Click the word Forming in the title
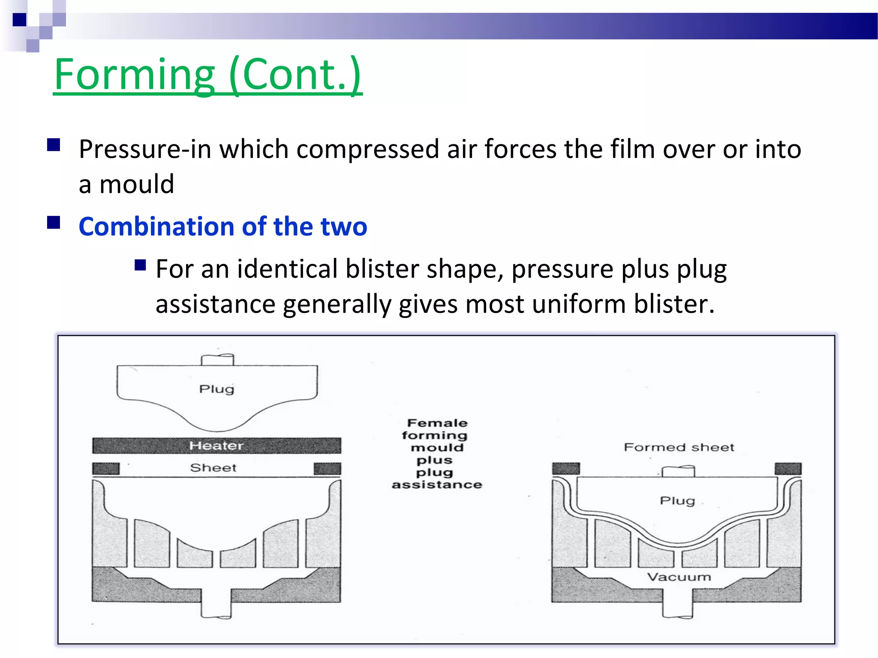pyautogui.click(x=134, y=75)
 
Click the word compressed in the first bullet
pyautogui.click(x=367, y=150)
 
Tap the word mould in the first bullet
pyautogui.click(x=136, y=185)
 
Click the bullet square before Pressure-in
pyautogui.click(x=54, y=145)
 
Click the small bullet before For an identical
pyautogui.click(x=140, y=265)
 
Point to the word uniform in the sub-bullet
pyautogui.click(x=579, y=305)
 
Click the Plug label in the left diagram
pyautogui.click(x=216, y=389)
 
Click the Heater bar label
pyautogui.click(x=216, y=446)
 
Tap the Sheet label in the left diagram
pyautogui.click(x=213, y=468)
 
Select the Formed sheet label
pyautogui.click(x=679, y=448)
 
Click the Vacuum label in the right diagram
pyautogui.click(x=679, y=577)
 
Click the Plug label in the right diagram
pyautogui.click(x=677, y=500)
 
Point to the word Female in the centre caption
pyautogui.click(x=437, y=423)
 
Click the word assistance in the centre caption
pyautogui.click(x=437, y=485)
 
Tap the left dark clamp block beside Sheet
pyautogui.click(x=106, y=468)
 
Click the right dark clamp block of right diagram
pyautogui.click(x=788, y=469)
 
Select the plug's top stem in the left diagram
pyautogui.click(x=217, y=359)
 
